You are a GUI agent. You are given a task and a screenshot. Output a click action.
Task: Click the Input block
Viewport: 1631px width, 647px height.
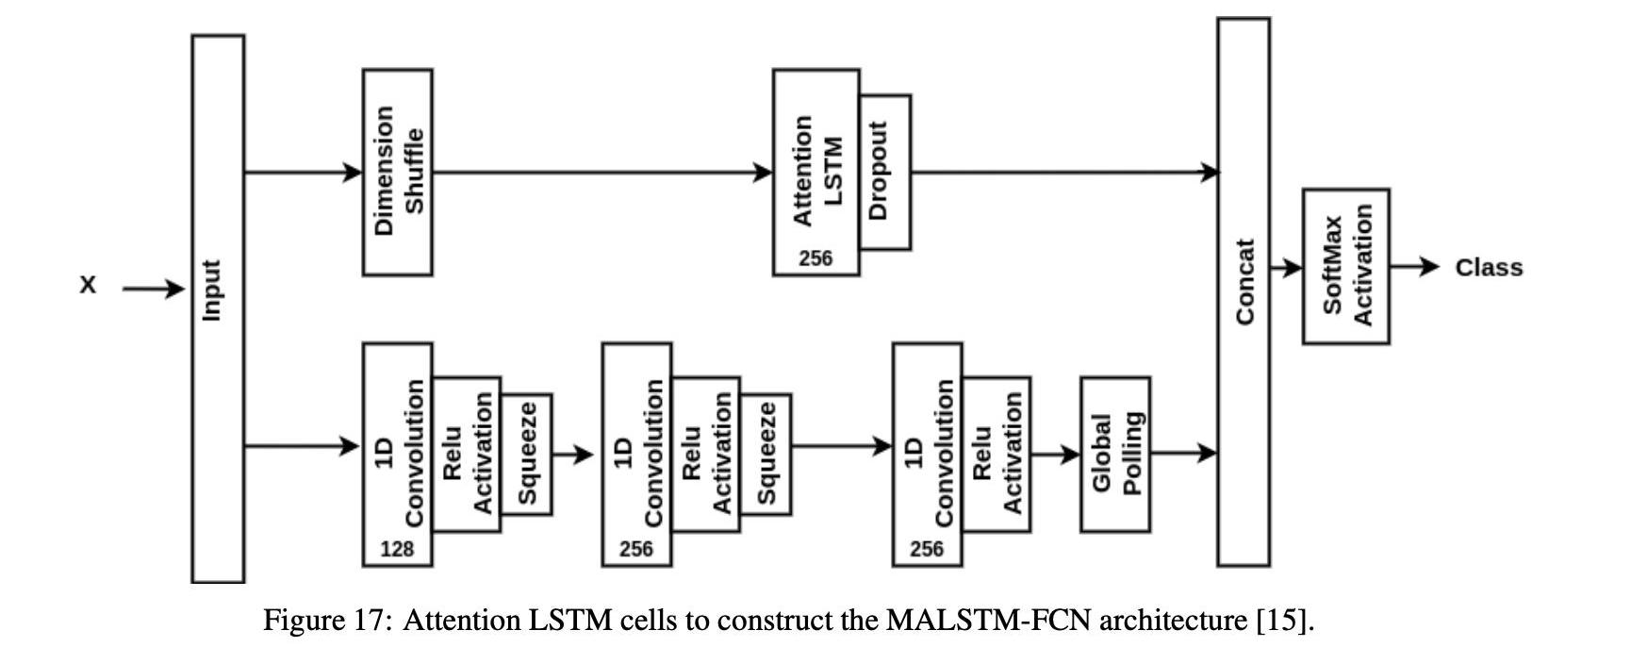pos(218,309)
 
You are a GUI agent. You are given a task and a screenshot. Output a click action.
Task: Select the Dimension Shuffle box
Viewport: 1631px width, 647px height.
pos(398,172)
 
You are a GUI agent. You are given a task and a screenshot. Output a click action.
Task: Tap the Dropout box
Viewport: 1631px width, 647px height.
pos(885,172)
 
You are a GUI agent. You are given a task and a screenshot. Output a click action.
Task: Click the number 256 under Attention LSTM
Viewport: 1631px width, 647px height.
pos(815,257)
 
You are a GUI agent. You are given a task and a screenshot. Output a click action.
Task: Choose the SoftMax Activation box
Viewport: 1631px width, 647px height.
pos(1345,266)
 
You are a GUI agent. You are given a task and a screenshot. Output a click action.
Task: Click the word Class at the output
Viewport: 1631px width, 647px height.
pos(1489,268)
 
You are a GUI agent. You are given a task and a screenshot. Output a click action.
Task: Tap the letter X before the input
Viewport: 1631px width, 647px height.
pos(88,285)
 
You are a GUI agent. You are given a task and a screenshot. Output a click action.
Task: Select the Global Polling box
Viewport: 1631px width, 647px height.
pos(1115,454)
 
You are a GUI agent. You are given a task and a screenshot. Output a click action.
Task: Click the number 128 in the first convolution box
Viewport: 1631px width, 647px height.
pos(397,549)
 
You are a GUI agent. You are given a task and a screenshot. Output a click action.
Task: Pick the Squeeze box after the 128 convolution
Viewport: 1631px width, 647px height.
pos(526,454)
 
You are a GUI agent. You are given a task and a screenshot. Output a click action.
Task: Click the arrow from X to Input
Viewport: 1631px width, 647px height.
pos(154,289)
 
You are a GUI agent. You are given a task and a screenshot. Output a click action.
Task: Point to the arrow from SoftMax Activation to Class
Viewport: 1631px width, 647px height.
pos(1414,267)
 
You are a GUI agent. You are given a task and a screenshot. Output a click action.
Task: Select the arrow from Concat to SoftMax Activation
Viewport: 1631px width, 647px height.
pos(1286,268)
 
